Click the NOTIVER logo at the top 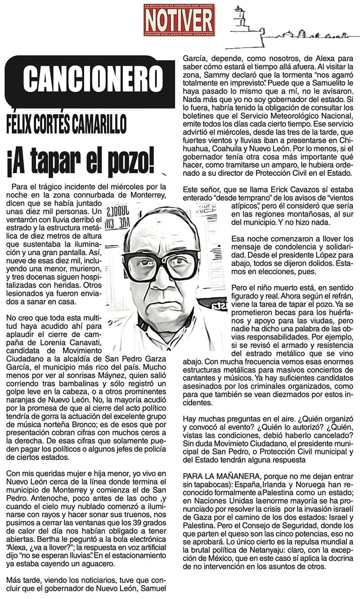[179, 19]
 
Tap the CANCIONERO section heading [92, 79]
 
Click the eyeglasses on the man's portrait [161, 265]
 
